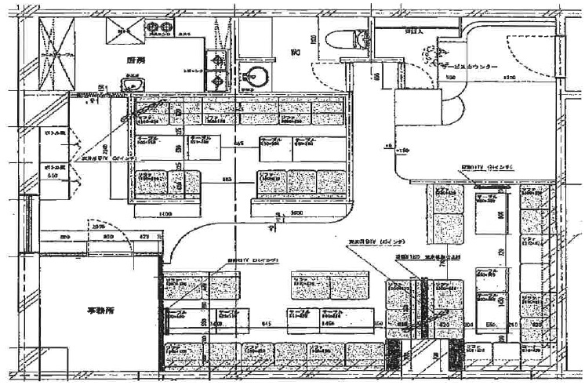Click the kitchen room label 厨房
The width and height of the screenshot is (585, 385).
coord(136,60)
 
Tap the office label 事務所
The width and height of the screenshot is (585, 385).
coord(100,311)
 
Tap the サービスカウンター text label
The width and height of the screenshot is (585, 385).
coord(469,67)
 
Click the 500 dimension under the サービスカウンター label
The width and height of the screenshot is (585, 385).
coord(451,78)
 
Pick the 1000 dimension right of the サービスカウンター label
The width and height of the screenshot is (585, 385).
coord(508,78)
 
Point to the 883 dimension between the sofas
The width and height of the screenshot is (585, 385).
coord(226,180)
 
